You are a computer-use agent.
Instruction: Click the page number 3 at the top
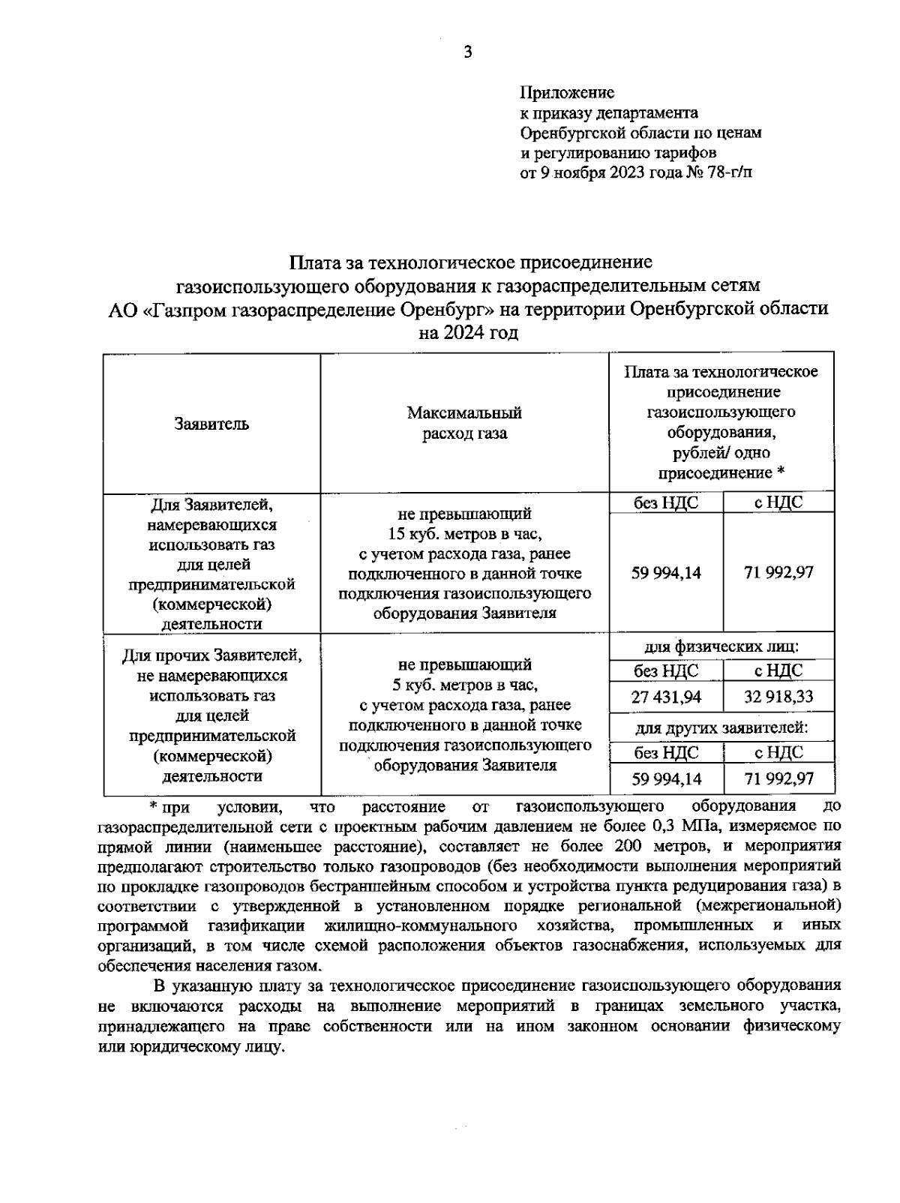click(468, 52)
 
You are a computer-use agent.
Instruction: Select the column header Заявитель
click(211, 424)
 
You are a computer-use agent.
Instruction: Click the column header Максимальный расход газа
click(464, 423)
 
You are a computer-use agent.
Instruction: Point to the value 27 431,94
click(666, 697)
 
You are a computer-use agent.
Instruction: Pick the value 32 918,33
click(778, 697)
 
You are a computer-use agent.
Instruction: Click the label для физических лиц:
click(721, 646)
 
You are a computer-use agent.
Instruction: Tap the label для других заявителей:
click(721, 728)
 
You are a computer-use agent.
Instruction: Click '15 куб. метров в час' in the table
click(464, 534)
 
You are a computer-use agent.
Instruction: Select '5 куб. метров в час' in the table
click(464, 685)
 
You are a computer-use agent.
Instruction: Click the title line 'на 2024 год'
click(468, 332)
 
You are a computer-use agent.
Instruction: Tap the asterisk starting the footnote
click(152, 806)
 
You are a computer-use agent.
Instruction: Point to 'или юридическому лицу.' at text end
click(192, 1046)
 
